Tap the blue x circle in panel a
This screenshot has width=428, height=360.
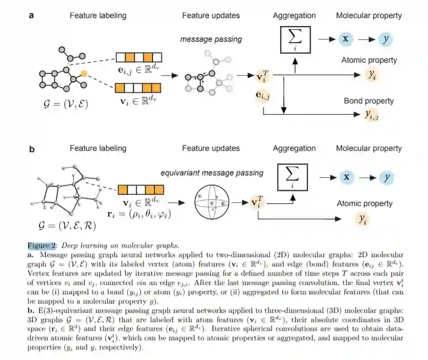pos(345,39)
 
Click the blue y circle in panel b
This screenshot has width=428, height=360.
pos(386,177)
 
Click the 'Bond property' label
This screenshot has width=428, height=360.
pos(369,101)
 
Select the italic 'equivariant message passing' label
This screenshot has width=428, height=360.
pos(212,173)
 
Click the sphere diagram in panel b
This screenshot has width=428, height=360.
pos(212,203)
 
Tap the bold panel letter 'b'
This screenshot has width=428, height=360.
pos(32,149)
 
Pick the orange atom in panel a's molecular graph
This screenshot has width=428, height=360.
pos(83,73)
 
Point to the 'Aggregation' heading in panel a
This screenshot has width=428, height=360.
pos(294,16)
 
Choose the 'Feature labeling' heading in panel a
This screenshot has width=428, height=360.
pos(98,16)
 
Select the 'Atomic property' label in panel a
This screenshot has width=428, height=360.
pos(369,60)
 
